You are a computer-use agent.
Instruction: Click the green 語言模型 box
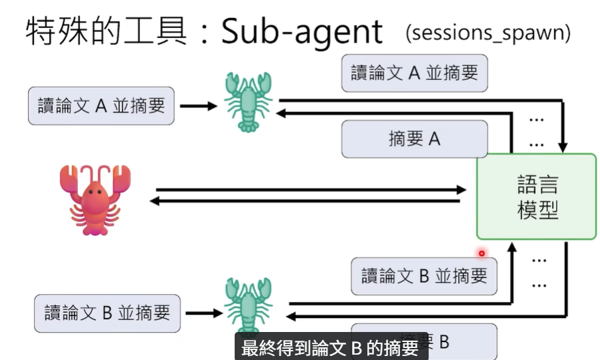(536, 197)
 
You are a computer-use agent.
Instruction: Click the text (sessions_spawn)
(487, 33)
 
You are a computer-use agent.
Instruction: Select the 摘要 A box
(414, 139)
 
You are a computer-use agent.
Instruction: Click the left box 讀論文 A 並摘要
(101, 106)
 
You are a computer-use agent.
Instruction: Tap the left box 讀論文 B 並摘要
(107, 313)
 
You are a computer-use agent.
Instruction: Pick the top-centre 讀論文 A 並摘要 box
(414, 73)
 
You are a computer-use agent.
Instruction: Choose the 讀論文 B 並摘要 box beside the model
(424, 275)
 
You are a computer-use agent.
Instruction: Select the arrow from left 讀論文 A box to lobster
(198, 106)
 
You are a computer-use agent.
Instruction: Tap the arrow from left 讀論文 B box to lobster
(203, 313)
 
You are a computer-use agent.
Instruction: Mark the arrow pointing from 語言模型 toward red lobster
(307, 201)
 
